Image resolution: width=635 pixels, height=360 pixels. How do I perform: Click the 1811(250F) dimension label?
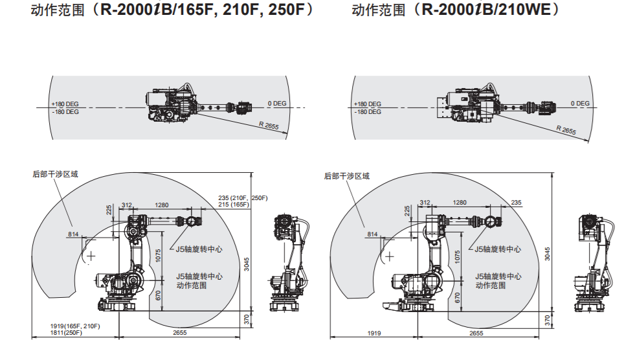(67, 333)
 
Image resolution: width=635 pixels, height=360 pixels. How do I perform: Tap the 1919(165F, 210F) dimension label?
(75, 326)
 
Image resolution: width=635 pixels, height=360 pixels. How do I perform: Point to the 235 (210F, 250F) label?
(243, 197)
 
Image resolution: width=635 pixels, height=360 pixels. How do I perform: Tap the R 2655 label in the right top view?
(566, 130)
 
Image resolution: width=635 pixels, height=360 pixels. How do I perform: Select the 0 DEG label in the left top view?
(276, 104)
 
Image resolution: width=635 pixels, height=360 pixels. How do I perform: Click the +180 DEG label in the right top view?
(368, 104)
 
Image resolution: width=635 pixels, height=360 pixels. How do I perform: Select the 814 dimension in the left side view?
(73, 234)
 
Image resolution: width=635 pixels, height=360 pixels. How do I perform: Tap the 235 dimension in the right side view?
(516, 203)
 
